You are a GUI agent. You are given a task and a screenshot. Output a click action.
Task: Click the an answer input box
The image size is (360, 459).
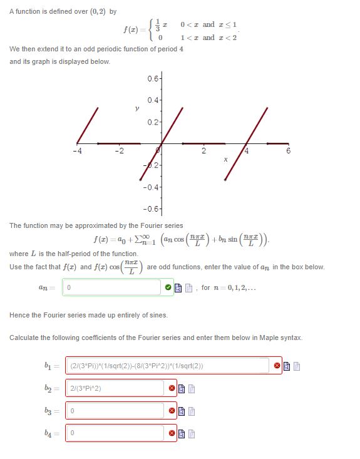(x=110, y=287)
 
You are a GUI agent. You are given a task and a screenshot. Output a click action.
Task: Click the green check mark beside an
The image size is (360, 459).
(x=167, y=287)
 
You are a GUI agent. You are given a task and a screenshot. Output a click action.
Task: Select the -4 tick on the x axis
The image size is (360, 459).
(x=76, y=151)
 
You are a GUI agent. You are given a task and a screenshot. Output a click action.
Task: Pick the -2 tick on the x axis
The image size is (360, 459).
(x=119, y=151)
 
